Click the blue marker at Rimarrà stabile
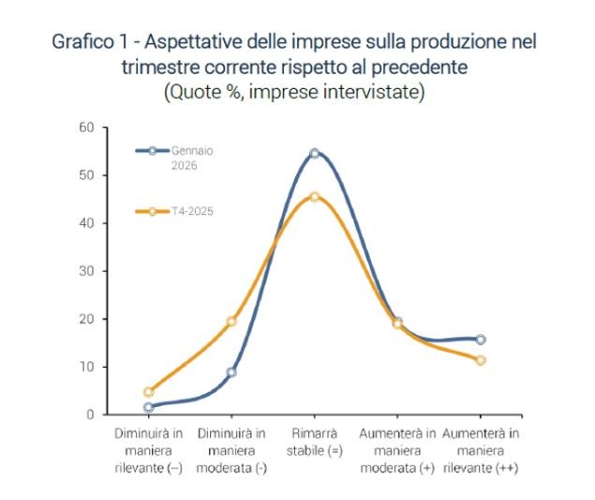tap(315, 153)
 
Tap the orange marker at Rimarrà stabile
tap(315, 197)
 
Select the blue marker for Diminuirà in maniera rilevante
tap(148, 407)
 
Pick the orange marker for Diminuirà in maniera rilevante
tap(148, 392)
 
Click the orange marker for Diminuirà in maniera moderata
tap(231, 322)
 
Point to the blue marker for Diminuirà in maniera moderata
tap(231, 372)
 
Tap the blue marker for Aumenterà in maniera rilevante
tap(481, 340)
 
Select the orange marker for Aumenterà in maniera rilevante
tap(481, 360)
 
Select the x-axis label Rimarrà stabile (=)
tap(315, 441)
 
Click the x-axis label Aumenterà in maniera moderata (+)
tap(397, 450)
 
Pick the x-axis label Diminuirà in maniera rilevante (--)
tap(148, 450)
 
